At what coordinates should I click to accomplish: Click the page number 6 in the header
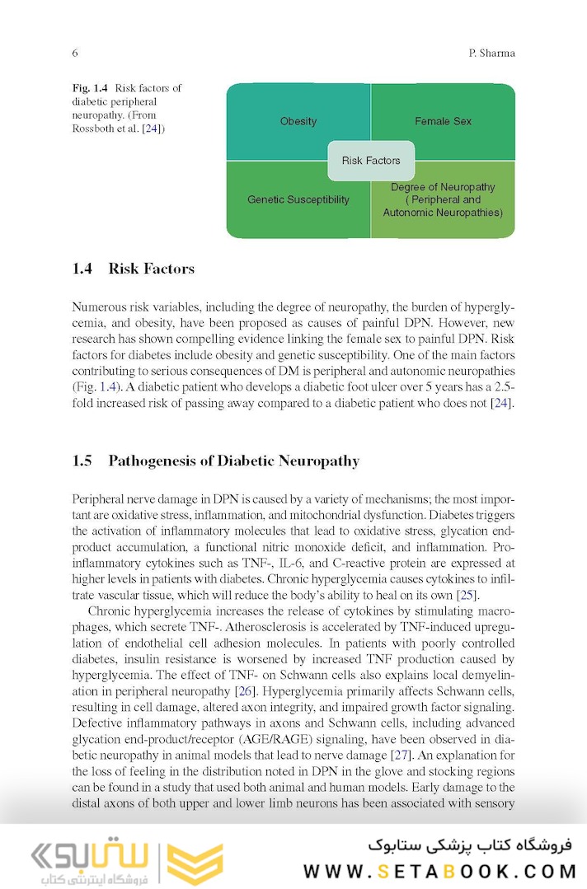[75, 54]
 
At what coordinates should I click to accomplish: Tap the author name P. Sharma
[491, 54]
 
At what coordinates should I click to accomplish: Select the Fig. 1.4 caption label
[92, 88]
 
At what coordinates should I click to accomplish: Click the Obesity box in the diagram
[298, 121]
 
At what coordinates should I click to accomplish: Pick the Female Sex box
[444, 121]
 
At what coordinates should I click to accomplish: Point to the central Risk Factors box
[371, 161]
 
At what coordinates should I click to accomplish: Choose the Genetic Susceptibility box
[298, 199]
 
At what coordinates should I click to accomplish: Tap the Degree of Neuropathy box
[444, 199]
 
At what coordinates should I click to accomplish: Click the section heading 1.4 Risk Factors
[134, 269]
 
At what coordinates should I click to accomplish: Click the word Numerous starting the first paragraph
[100, 306]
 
